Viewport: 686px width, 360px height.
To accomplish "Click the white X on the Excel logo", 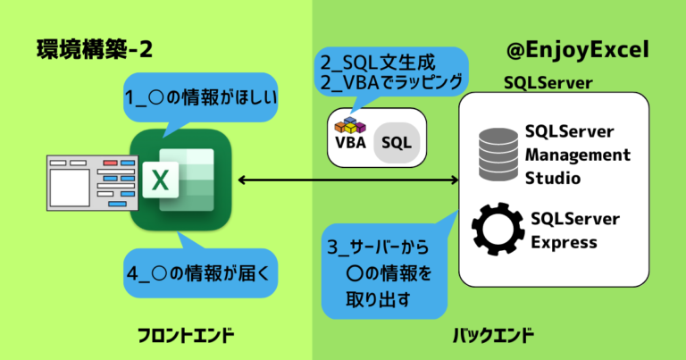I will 160,181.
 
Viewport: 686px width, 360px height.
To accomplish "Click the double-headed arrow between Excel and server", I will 348,181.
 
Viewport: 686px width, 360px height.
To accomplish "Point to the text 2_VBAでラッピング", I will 393,83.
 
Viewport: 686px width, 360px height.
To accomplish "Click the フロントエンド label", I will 186,336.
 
